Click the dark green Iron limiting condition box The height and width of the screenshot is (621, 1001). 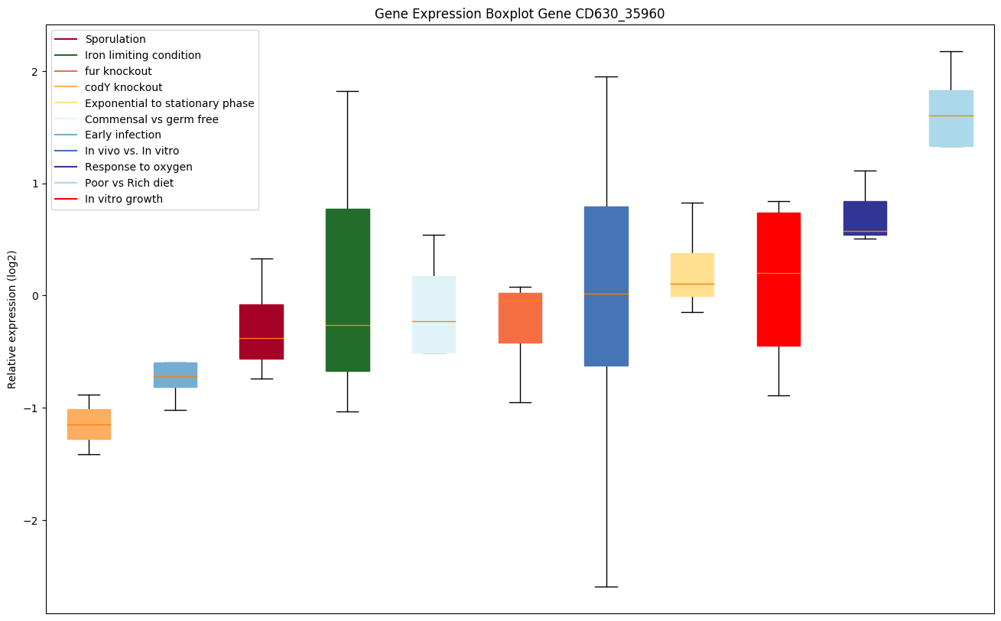click(x=347, y=290)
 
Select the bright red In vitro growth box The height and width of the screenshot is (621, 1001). click(x=778, y=279)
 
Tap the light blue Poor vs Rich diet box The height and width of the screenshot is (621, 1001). click(x=951, y=119)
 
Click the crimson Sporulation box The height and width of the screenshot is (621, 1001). click(x=262, y=332)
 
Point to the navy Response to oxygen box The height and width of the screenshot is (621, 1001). click(x=865, y=218)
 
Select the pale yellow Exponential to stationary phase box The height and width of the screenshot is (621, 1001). click(x=692, y=275)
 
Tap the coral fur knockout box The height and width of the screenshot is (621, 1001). click(x=520, y=318)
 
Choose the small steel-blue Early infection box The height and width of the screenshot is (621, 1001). click(x=175, y=375)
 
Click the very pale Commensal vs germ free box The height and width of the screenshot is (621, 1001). click(x=434, y=314)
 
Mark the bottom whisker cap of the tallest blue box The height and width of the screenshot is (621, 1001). click(x=606, y=587)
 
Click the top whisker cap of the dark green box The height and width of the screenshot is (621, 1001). click(x=347, y=91)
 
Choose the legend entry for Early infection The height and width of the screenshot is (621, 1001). click(x=123, y=135)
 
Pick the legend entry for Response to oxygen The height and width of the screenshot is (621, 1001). click(x=138, y=167)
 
